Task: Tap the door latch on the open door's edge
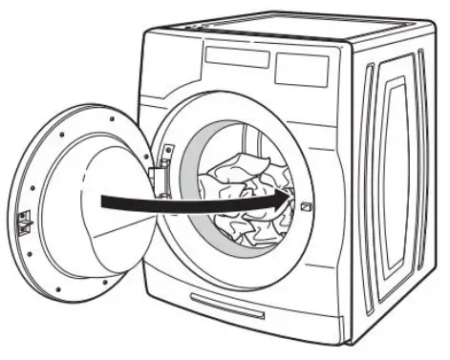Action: pyautogui.click(x=24, y=221)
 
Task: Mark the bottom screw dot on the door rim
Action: pyautogui.click(x=58, y=287)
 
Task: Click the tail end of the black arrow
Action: pyautogui.click(x=104, y=201)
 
